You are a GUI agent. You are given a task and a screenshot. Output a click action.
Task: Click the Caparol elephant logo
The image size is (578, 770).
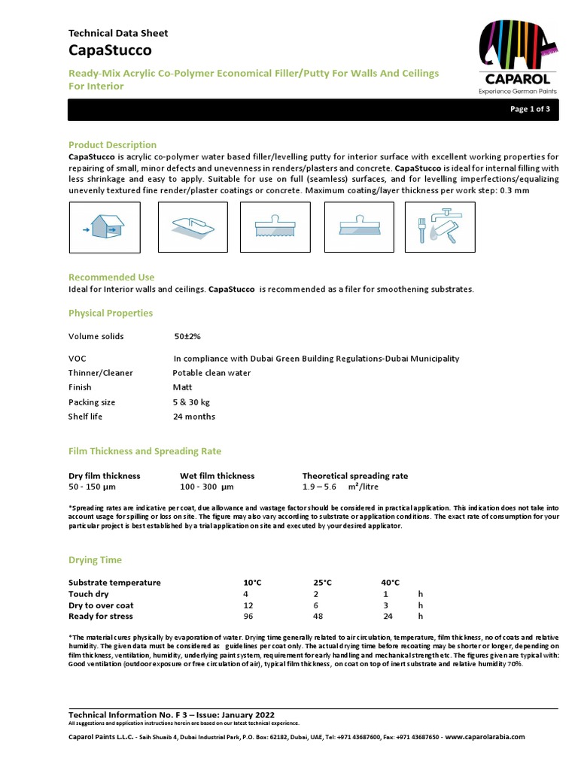pyautogui.click(x=516, y=53)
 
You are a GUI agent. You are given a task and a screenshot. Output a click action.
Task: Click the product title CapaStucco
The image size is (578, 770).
pyautogui.click(x=110, y=50)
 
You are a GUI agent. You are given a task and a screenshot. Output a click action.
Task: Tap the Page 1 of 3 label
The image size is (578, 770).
pyautogui.click(x=530, y=109)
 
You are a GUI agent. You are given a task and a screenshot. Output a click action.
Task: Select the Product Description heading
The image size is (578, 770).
pyautogui.click(x=112, y=144)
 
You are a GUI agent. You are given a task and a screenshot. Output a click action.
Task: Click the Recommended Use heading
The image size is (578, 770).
pyautogui.click(x=111, y=277)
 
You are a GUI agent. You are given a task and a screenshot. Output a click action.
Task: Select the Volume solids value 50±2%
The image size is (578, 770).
pyautogui.click(x=187, y=336)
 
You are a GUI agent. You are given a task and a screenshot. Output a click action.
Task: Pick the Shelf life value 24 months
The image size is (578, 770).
pyautogui.click(x=193, y=417)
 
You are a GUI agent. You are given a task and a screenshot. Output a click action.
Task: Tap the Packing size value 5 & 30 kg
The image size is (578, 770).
pyautogui.click(x=191, y=402)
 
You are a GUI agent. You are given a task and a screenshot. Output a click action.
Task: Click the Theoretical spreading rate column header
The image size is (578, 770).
pyautogui.click(x=354, y=476)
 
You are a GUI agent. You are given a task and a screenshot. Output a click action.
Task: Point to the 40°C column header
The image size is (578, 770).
pyautogui.click(x=390, y=583)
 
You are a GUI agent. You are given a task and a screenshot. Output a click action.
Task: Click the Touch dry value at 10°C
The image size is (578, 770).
pyautogui.click(x=246, y=594)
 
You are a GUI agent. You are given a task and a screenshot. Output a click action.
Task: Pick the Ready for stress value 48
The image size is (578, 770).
pyautogui.click(x=318, y=616)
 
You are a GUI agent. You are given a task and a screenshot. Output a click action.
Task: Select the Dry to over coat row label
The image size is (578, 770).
pyautogui.click(x=101, y=605)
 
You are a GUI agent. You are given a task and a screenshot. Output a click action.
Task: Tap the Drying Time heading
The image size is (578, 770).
pyautogui.click(x=95, y=560)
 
